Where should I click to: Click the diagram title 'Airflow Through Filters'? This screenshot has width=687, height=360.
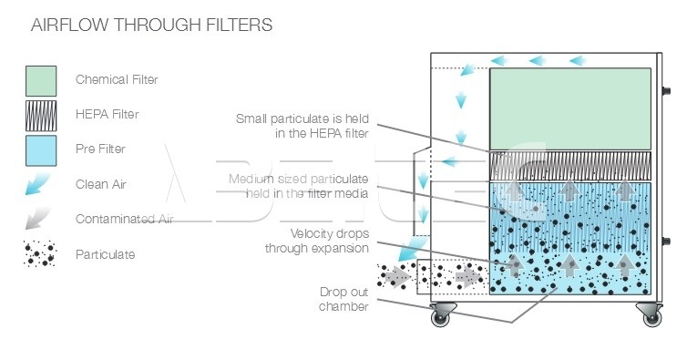tap(151, 25)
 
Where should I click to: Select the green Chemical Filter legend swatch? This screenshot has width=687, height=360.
tap(41, 81)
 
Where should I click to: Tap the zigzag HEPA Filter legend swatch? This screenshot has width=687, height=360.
tap(41, 116)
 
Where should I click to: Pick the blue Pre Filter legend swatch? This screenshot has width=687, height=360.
tap(41, 151)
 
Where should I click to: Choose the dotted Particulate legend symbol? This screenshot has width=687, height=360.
tap(40, 253)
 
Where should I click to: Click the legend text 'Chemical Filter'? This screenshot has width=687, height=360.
tap(117, 79)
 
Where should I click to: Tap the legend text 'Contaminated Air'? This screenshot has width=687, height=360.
tap(125, 219)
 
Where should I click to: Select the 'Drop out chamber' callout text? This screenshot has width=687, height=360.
tap(343, 299)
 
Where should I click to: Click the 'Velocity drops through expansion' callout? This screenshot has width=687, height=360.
tap(317, 241)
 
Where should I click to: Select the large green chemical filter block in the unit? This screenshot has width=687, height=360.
tap(570, 109)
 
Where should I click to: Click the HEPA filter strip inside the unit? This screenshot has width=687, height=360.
tap(570, 166)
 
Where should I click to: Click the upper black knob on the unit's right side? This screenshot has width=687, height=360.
tap(666, 91)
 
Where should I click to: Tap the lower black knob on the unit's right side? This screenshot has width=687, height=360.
tap(666, 242)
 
